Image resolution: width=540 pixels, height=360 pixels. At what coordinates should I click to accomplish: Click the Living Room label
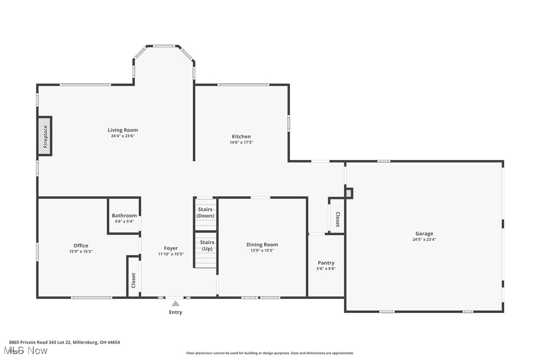[x=123, y=130]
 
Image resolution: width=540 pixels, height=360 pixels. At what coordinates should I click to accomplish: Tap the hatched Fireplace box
[x=45, y=136]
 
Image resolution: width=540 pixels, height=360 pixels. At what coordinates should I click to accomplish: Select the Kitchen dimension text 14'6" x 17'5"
[x=241, y=142]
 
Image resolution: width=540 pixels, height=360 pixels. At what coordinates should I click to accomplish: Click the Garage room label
[x=424, y=233]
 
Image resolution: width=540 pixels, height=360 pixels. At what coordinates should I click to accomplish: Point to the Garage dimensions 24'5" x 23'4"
[x=424, y=239]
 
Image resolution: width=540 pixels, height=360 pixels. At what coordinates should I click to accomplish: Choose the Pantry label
[x=326, y=263]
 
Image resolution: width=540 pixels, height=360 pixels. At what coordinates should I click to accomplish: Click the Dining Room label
[x=262, y=244]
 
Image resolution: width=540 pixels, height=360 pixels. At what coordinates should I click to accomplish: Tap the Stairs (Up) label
[x=207, y=245]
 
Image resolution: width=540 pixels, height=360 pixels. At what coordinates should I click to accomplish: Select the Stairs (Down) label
[x=205, y=212]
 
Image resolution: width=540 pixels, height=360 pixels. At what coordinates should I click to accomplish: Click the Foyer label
[x=171, y=248]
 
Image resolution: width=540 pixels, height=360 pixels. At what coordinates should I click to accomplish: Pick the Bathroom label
[x=124, y=215]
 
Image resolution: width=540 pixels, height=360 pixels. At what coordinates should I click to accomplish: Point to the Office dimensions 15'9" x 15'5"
[x=81, y=252]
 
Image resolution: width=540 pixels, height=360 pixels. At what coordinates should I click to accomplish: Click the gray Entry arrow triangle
[x=176, y=303]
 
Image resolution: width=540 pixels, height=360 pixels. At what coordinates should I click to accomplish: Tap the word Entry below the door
[x=176, y=312]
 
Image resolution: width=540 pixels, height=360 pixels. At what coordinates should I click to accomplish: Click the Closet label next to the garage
[x=337, y=219]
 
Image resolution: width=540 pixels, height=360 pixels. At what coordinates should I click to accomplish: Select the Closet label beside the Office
[x=133, y=280]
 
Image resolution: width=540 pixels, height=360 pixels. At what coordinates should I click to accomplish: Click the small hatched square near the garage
[x=349, y=193]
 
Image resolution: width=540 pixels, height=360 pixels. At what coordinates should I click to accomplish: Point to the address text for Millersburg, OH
[x=64, y=342]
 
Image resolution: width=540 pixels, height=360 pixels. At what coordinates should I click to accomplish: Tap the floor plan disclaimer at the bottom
[x=270, y=353]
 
